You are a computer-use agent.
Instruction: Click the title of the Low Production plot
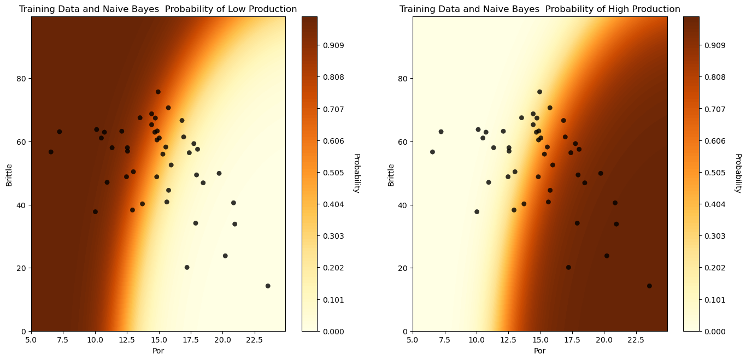(158, 9)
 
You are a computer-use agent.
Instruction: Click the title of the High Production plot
(539, 9)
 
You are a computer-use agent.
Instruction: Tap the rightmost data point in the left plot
(268, 286)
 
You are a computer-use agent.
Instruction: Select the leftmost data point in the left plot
(51, 152)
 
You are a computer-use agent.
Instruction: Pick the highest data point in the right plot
(539, 92)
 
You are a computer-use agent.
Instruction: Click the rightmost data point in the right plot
(649, 286)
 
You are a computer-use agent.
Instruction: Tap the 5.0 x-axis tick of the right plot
(413, 340)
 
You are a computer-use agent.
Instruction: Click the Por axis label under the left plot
(158, 351)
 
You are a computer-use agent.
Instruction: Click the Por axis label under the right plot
(539, 351)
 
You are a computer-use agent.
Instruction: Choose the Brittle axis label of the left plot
(9, 174)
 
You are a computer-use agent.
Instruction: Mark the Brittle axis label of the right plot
(391, 174)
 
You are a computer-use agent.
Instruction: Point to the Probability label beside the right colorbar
(738, 173)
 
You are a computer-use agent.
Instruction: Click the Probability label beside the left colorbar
(356, 173)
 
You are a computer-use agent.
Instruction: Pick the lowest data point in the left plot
(268, 286)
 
